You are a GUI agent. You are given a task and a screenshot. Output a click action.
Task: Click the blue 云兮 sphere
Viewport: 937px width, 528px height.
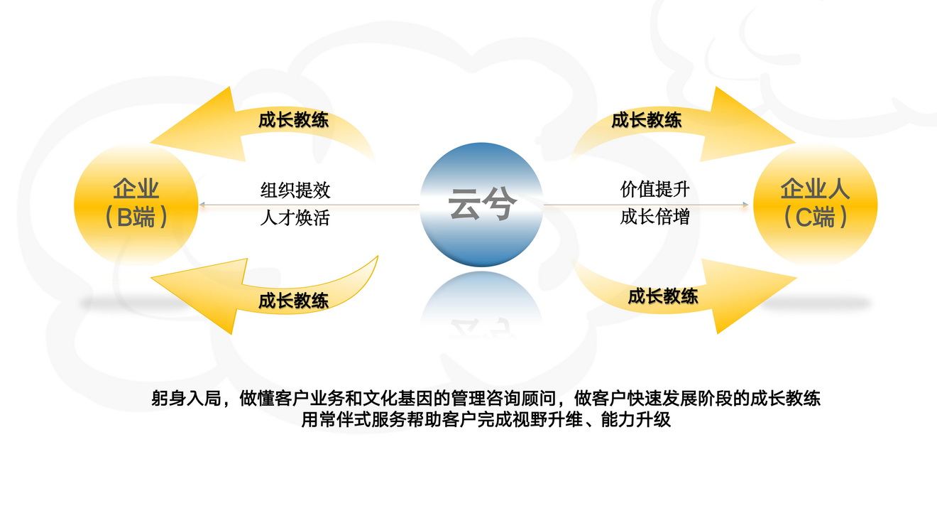pyautogui.click(x=481, y=205)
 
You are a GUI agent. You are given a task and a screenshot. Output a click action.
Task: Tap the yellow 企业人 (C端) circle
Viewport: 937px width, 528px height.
pyautogui.click(x=815, y=205)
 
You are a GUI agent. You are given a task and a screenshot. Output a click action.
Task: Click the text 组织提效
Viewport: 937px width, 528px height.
pyautogui.click(x=295, y=190)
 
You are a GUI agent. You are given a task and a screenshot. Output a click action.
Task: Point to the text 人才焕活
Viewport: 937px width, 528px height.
pyautogui.click(x=295, y=217)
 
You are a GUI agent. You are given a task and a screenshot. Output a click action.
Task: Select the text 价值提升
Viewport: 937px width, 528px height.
pyautogui.click(x=654, y=190)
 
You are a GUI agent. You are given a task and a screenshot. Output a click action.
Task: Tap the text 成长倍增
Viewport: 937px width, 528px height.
pyautogui.click(x=654, y=217)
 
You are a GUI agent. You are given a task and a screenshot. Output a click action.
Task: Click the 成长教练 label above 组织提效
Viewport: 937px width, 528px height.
pyautogui.click(x=293, y=120)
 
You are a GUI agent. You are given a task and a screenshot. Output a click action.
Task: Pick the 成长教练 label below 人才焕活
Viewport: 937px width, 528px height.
pyautogui.click(x=293, y=301)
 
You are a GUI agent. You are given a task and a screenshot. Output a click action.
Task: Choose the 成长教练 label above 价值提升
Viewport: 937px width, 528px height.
pyautogui.click(x=646, y=120)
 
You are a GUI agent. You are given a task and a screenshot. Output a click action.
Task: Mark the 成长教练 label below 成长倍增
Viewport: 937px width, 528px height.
pyautogui.click(x=662, y=296)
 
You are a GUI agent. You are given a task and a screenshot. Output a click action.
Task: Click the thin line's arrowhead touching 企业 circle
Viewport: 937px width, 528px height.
pyautogui.click(x=202, y=205)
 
